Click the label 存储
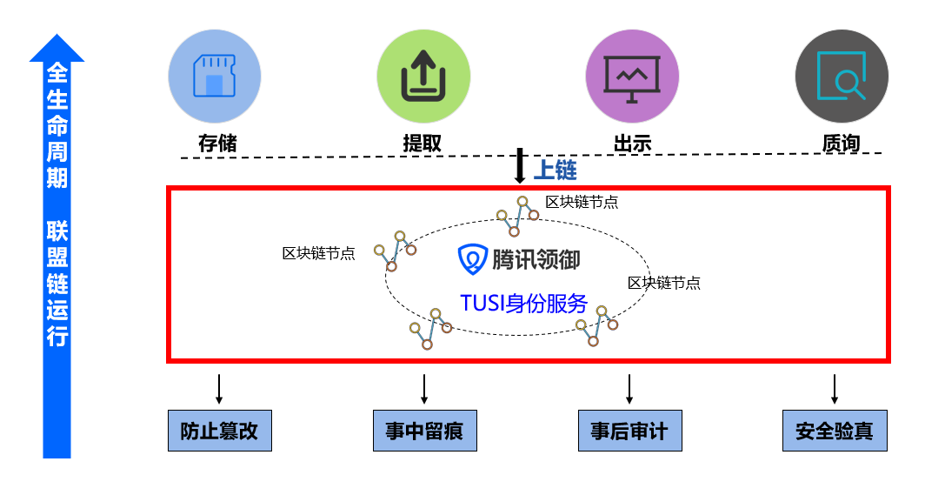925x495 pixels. (216, 143)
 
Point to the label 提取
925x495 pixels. (423, 143)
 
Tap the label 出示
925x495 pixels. (632, 143)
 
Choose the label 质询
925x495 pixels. (841, 143)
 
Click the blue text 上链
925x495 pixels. (555, 170)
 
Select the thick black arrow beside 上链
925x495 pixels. (520, 165)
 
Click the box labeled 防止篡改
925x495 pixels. (219, 431)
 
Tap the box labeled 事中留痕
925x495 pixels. (424, 431)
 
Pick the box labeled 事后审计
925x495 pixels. (629, 431)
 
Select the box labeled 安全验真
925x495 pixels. (835, 431)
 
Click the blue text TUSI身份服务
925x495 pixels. (523, 304)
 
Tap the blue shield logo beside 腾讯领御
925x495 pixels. (472, 258)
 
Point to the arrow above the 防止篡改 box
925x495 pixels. (219, 389)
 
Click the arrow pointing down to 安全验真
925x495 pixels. (835, 389)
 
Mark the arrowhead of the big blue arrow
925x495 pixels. (57, 49)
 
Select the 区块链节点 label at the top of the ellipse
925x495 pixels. (582, 202)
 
